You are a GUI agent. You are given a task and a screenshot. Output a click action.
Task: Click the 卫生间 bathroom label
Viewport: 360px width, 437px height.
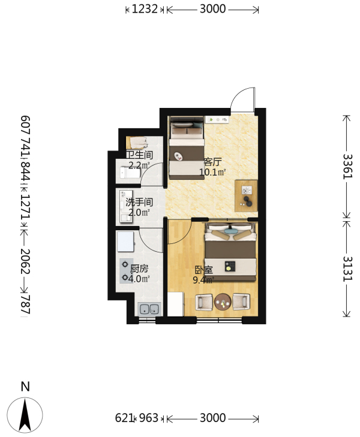[139, 155]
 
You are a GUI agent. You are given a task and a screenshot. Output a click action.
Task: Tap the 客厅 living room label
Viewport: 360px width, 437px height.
[212, 162]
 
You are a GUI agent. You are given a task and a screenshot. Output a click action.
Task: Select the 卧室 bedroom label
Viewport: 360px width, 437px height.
[203, 270]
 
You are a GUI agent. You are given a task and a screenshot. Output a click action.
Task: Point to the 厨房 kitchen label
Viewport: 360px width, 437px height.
[139, 269]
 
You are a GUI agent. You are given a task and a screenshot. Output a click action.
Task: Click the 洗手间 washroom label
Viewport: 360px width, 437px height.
[139, 203]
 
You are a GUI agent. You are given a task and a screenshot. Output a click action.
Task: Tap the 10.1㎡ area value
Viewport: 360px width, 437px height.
[212, 172]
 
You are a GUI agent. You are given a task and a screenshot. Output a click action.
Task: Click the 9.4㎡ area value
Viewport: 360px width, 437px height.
[203, 279]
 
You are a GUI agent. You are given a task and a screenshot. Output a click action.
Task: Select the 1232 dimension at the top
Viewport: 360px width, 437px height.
[145, 9]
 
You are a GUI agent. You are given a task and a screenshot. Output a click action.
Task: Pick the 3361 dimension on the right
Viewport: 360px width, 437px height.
[348, 167]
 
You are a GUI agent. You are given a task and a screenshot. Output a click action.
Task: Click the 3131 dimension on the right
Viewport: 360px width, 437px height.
[348, 269]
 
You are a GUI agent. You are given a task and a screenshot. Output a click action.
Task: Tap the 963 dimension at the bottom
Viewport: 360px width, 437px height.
[149, 418]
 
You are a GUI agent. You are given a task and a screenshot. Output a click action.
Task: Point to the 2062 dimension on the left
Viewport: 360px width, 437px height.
[25, 261]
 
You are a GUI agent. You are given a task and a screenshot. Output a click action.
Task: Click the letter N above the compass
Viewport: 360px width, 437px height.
[25, 387]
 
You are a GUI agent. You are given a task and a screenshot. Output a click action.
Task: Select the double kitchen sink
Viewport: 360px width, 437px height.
[150, 309]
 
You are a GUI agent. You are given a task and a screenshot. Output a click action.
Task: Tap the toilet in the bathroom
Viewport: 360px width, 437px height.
[130, 173]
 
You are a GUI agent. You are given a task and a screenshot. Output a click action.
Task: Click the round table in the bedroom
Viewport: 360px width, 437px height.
[223, 302]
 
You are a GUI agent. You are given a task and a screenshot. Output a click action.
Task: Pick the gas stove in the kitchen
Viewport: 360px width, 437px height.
[125, 271]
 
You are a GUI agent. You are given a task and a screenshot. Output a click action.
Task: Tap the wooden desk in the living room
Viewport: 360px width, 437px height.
[246, 196]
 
